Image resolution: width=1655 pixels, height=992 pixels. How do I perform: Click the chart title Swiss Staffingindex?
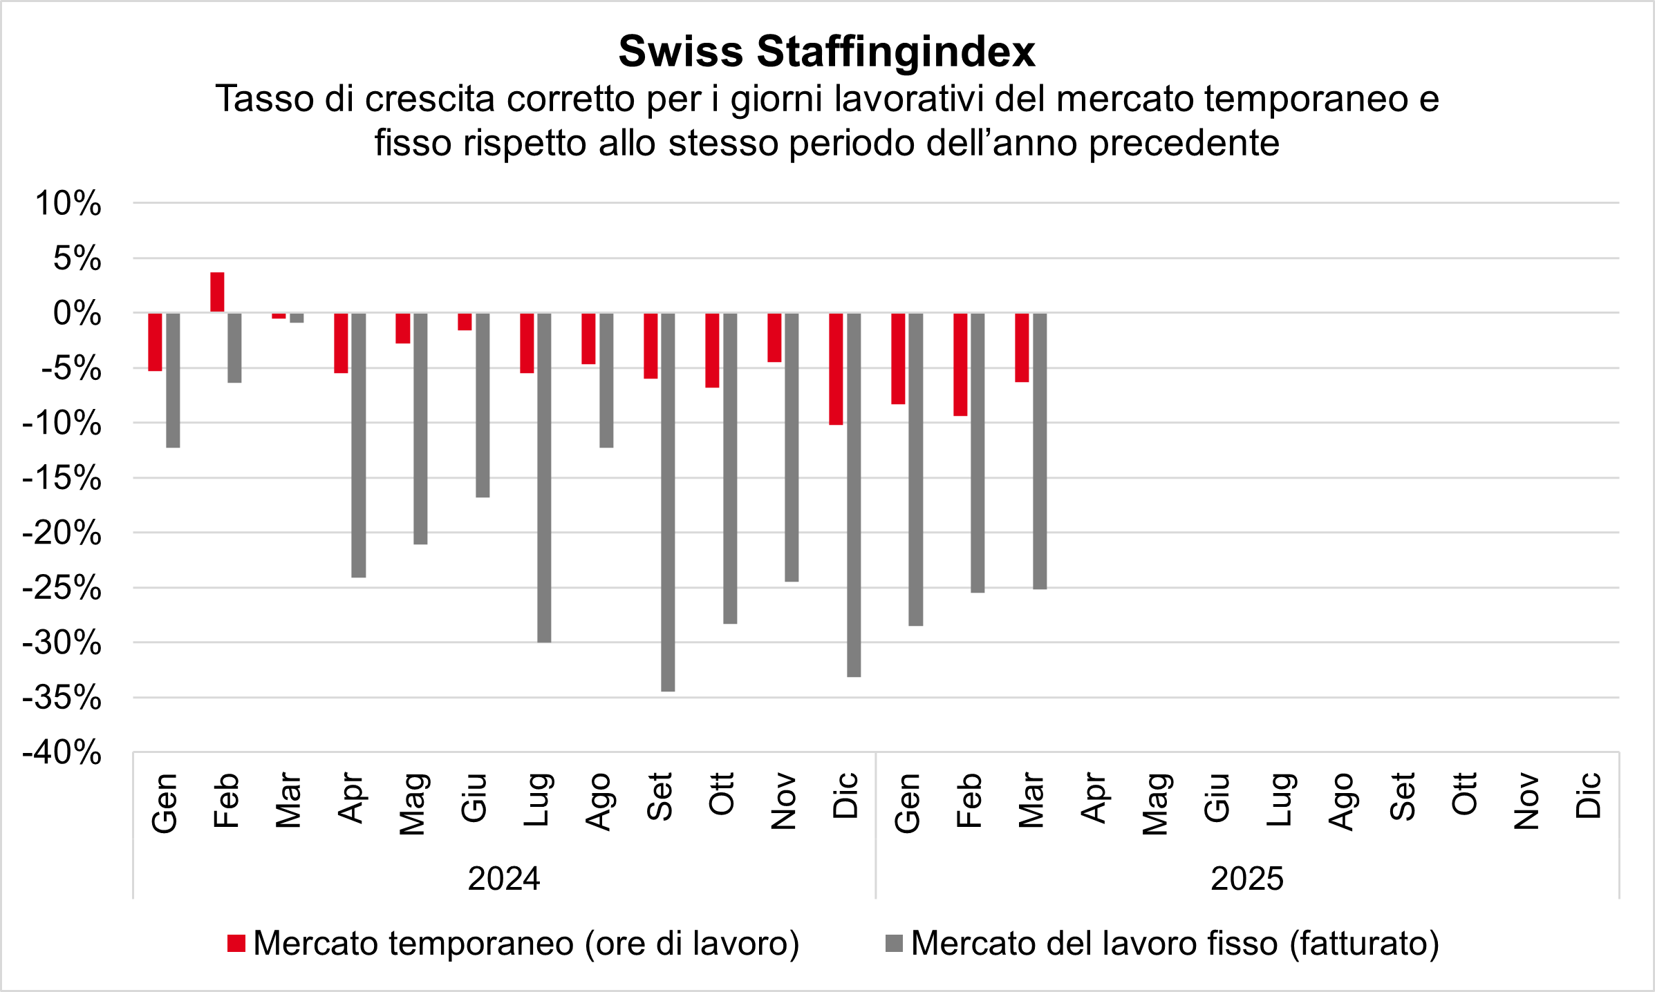[827, 52]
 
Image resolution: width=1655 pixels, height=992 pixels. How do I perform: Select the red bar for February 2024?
[217, 292]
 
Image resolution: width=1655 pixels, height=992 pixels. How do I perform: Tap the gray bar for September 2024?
[668, 502]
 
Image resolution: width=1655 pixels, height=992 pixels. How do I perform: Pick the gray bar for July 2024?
[544, 477]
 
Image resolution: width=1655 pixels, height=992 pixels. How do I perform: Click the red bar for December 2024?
[836, 368]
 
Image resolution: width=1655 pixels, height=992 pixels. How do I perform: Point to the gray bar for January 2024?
[173, 380]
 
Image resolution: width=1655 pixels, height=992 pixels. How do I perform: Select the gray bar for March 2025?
[1040, 450]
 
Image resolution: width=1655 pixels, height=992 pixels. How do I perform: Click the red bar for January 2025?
[898, 358]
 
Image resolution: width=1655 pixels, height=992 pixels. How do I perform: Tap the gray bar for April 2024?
[359, 445]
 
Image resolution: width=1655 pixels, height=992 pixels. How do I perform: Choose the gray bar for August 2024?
[606, 380]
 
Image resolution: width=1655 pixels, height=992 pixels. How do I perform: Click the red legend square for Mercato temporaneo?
[236, 943]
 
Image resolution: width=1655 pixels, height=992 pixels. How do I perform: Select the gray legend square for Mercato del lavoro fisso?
[894, 943]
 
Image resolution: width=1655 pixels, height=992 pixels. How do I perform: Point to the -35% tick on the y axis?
[62, 698]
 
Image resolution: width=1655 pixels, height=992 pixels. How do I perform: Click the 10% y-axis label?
[68, 204]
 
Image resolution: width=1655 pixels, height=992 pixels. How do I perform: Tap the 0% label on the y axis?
[77, 314]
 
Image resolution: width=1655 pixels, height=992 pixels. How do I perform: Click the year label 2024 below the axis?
[504, 879]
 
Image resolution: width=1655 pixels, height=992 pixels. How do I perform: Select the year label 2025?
[1247, 879]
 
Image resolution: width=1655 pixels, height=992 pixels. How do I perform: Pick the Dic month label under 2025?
[1588, 796]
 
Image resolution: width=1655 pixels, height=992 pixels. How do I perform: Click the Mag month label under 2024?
[412, 803]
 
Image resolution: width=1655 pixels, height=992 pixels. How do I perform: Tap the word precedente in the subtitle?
[1184, 143]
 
